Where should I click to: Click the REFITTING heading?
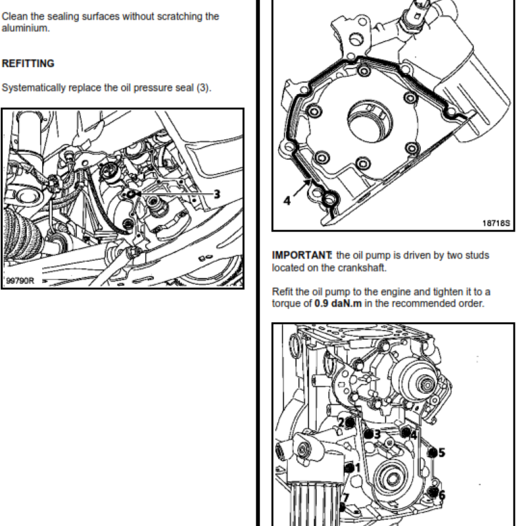point(28,64)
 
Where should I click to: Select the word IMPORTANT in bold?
point(301,255)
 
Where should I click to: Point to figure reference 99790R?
point(20,281)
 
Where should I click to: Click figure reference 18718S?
point(496,223)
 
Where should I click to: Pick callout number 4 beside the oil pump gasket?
point(287,200)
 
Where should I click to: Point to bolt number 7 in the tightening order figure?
point(345,499)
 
